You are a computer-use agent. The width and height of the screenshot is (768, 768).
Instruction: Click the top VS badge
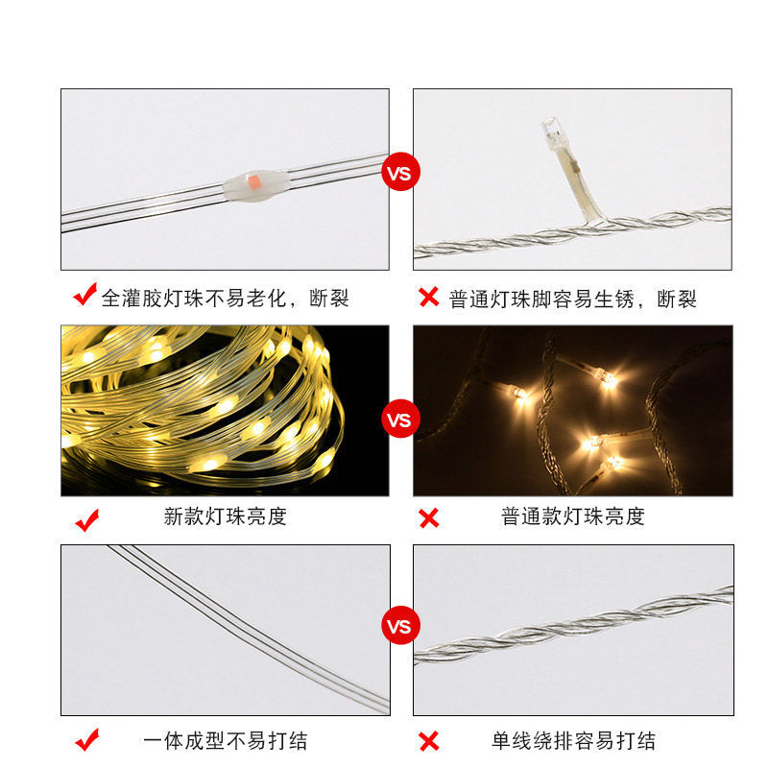tap(400, 174)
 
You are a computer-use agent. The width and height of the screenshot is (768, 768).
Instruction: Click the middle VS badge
tap(400, 420)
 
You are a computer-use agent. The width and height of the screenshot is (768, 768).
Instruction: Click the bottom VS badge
tap(400, 627)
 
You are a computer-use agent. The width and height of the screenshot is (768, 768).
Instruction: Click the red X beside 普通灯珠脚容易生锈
tap(428, 297)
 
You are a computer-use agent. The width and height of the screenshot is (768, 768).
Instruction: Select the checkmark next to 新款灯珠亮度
tap(87, 519)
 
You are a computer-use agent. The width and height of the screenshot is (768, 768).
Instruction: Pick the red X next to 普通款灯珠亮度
tap(428, 519)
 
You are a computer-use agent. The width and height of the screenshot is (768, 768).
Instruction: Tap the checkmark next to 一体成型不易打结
tap(87, 740)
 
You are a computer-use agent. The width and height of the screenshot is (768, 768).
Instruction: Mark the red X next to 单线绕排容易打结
tap(428, 741)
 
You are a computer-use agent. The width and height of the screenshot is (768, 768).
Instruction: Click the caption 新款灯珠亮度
tap(226, 516)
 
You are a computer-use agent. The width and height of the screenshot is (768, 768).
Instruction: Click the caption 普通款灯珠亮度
tap(573, 516)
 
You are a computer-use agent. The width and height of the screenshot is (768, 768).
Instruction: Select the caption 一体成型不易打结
tap(226, 741)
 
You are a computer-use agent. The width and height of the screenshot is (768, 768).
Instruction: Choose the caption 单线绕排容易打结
tap(573, 741)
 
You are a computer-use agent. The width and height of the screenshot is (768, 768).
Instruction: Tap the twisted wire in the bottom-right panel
tap(576, 624)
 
